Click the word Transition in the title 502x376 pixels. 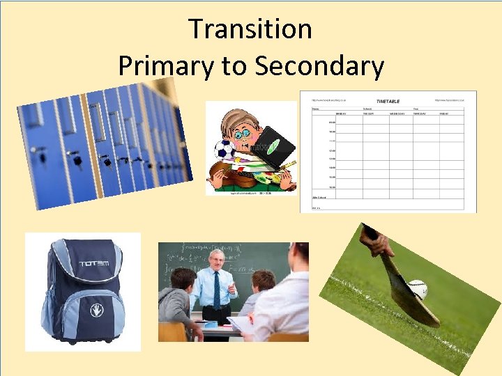pyautogui.click(x=250, y=29)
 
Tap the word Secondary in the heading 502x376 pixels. pyautogui.click(x=319, y=66)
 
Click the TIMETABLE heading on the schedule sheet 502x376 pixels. pyautogui.click(x=388, y=101)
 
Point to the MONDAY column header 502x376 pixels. pyautogui.click(x=341, y=113)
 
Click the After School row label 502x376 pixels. pyautogui.click(x=318, y=197)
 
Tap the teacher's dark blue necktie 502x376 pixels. pyautogui.click(x=217, y=290)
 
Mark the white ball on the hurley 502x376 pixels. pyautogui.click(x=417, y=289)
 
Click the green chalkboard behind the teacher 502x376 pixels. pyautogui.click(x=251, y=258)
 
